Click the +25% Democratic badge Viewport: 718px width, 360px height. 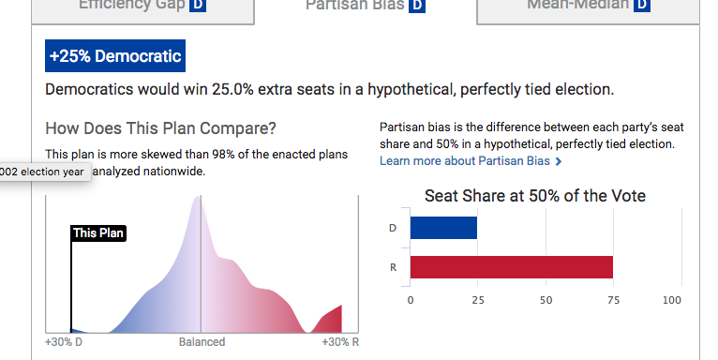coord(115,56)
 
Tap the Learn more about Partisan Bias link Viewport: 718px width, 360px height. coord(471,161)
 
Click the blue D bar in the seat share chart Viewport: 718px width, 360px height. coord(443,228)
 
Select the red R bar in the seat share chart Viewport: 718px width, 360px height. coord(512,267)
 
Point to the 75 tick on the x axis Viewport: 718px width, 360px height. coord(613,301)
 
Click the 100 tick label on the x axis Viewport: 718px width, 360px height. coord(671,301)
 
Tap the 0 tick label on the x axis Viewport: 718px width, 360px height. coord(411,301)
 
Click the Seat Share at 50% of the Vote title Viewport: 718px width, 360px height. coord(534,196)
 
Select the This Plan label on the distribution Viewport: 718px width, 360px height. coord(98,233)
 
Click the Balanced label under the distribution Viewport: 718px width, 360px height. coord(202,342)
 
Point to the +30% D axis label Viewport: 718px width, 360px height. coord(64,342)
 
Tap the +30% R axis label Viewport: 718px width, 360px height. coord(339,342)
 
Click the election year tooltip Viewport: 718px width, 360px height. coord(43,172)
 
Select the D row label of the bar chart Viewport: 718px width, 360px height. coord(392,228)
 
